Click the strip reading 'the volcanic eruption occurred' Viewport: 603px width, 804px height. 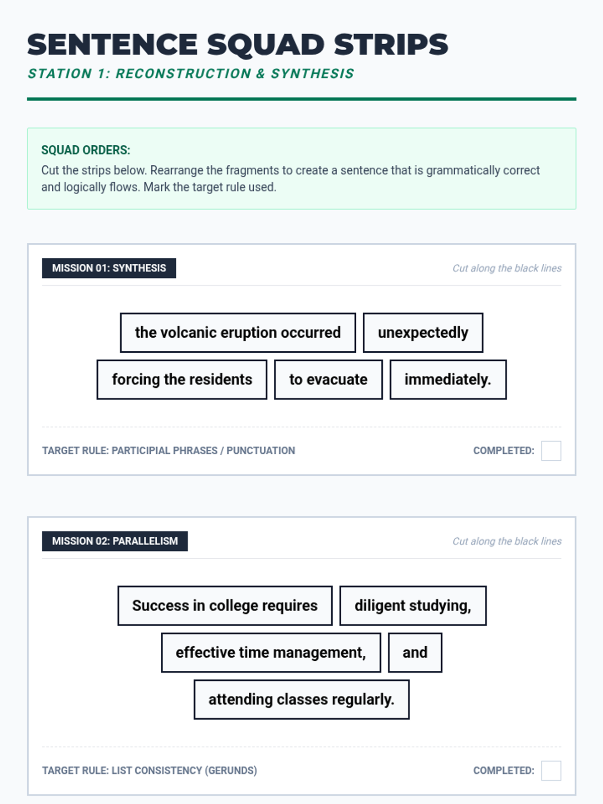[x=238, y=333]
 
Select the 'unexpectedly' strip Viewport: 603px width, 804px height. [x=423, y=333]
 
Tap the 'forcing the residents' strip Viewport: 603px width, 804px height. [x=182, y=379]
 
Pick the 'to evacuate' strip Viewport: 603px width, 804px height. [x=328, y=379]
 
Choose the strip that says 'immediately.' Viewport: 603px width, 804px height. [x=448, y=379]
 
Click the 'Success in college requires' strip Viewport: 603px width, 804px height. [x=225, y=606]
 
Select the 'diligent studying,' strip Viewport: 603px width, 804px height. [x=413, y=606]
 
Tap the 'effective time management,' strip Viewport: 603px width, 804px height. [x=271, y=652]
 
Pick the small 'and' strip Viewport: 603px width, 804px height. [x=415, y=652]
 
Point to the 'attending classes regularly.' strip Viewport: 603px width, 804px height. [x=301, y=699]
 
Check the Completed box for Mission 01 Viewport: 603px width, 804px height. [x=551, y=451]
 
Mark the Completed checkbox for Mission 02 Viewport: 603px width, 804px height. [x=551, y=770]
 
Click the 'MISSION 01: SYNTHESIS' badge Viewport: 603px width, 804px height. [x=109, y=268]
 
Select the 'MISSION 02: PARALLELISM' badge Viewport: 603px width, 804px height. [x=115, y=541]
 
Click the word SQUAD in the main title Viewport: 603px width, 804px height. [x=266, y=45]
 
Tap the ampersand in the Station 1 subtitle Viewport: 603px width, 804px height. [x=260, y=74]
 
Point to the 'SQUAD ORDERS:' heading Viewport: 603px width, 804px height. [x=85, y=150]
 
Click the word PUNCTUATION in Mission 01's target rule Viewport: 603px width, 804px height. [x=260, y=451]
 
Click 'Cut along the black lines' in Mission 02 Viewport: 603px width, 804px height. [x=507, y=541]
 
